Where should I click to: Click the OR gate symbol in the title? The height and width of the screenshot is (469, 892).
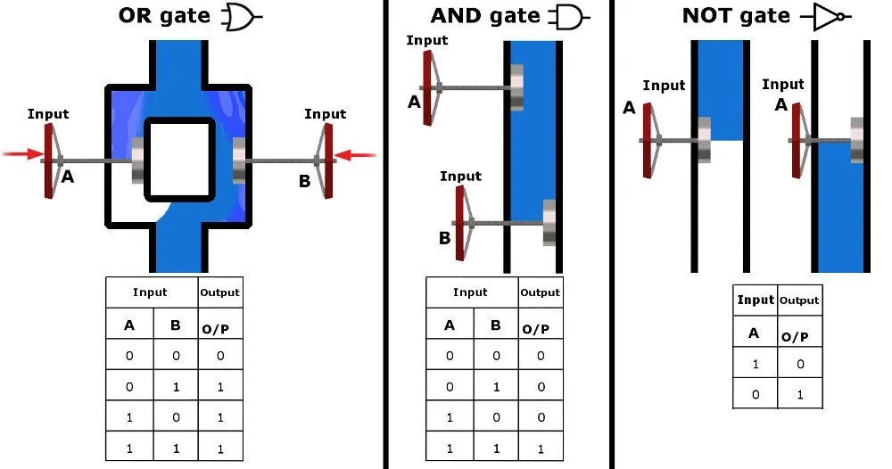pyautogui.click(x=242, y=18)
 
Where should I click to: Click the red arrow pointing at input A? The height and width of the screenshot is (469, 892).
pyautogui.click(x=21, y=155)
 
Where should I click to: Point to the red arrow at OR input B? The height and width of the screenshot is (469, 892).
pyautogui.click(x=359, y=156)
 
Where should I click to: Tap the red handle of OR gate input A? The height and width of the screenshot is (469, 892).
pyautogui.click(x=49, y=161)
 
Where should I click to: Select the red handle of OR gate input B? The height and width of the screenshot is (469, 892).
pyautogui.click(x=328, y=161)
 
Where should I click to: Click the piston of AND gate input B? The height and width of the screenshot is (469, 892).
pyautogui.click(x=549, y=222)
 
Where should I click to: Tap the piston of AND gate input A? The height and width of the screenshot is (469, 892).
pyautogui.click(x=516, y=87)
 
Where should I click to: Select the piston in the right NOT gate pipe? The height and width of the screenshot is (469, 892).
pyautogui.click(x=857, y=140)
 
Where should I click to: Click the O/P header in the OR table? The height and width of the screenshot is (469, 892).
pyautogui.click(x=219, y=325)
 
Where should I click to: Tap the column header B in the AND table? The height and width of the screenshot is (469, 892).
pyautogui.click(x=496, y=325)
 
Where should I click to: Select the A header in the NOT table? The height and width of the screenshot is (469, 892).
pyautogui.click(x=754, y=333)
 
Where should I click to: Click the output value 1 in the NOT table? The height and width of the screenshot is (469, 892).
pyautogui.click(x=798, y=393)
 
